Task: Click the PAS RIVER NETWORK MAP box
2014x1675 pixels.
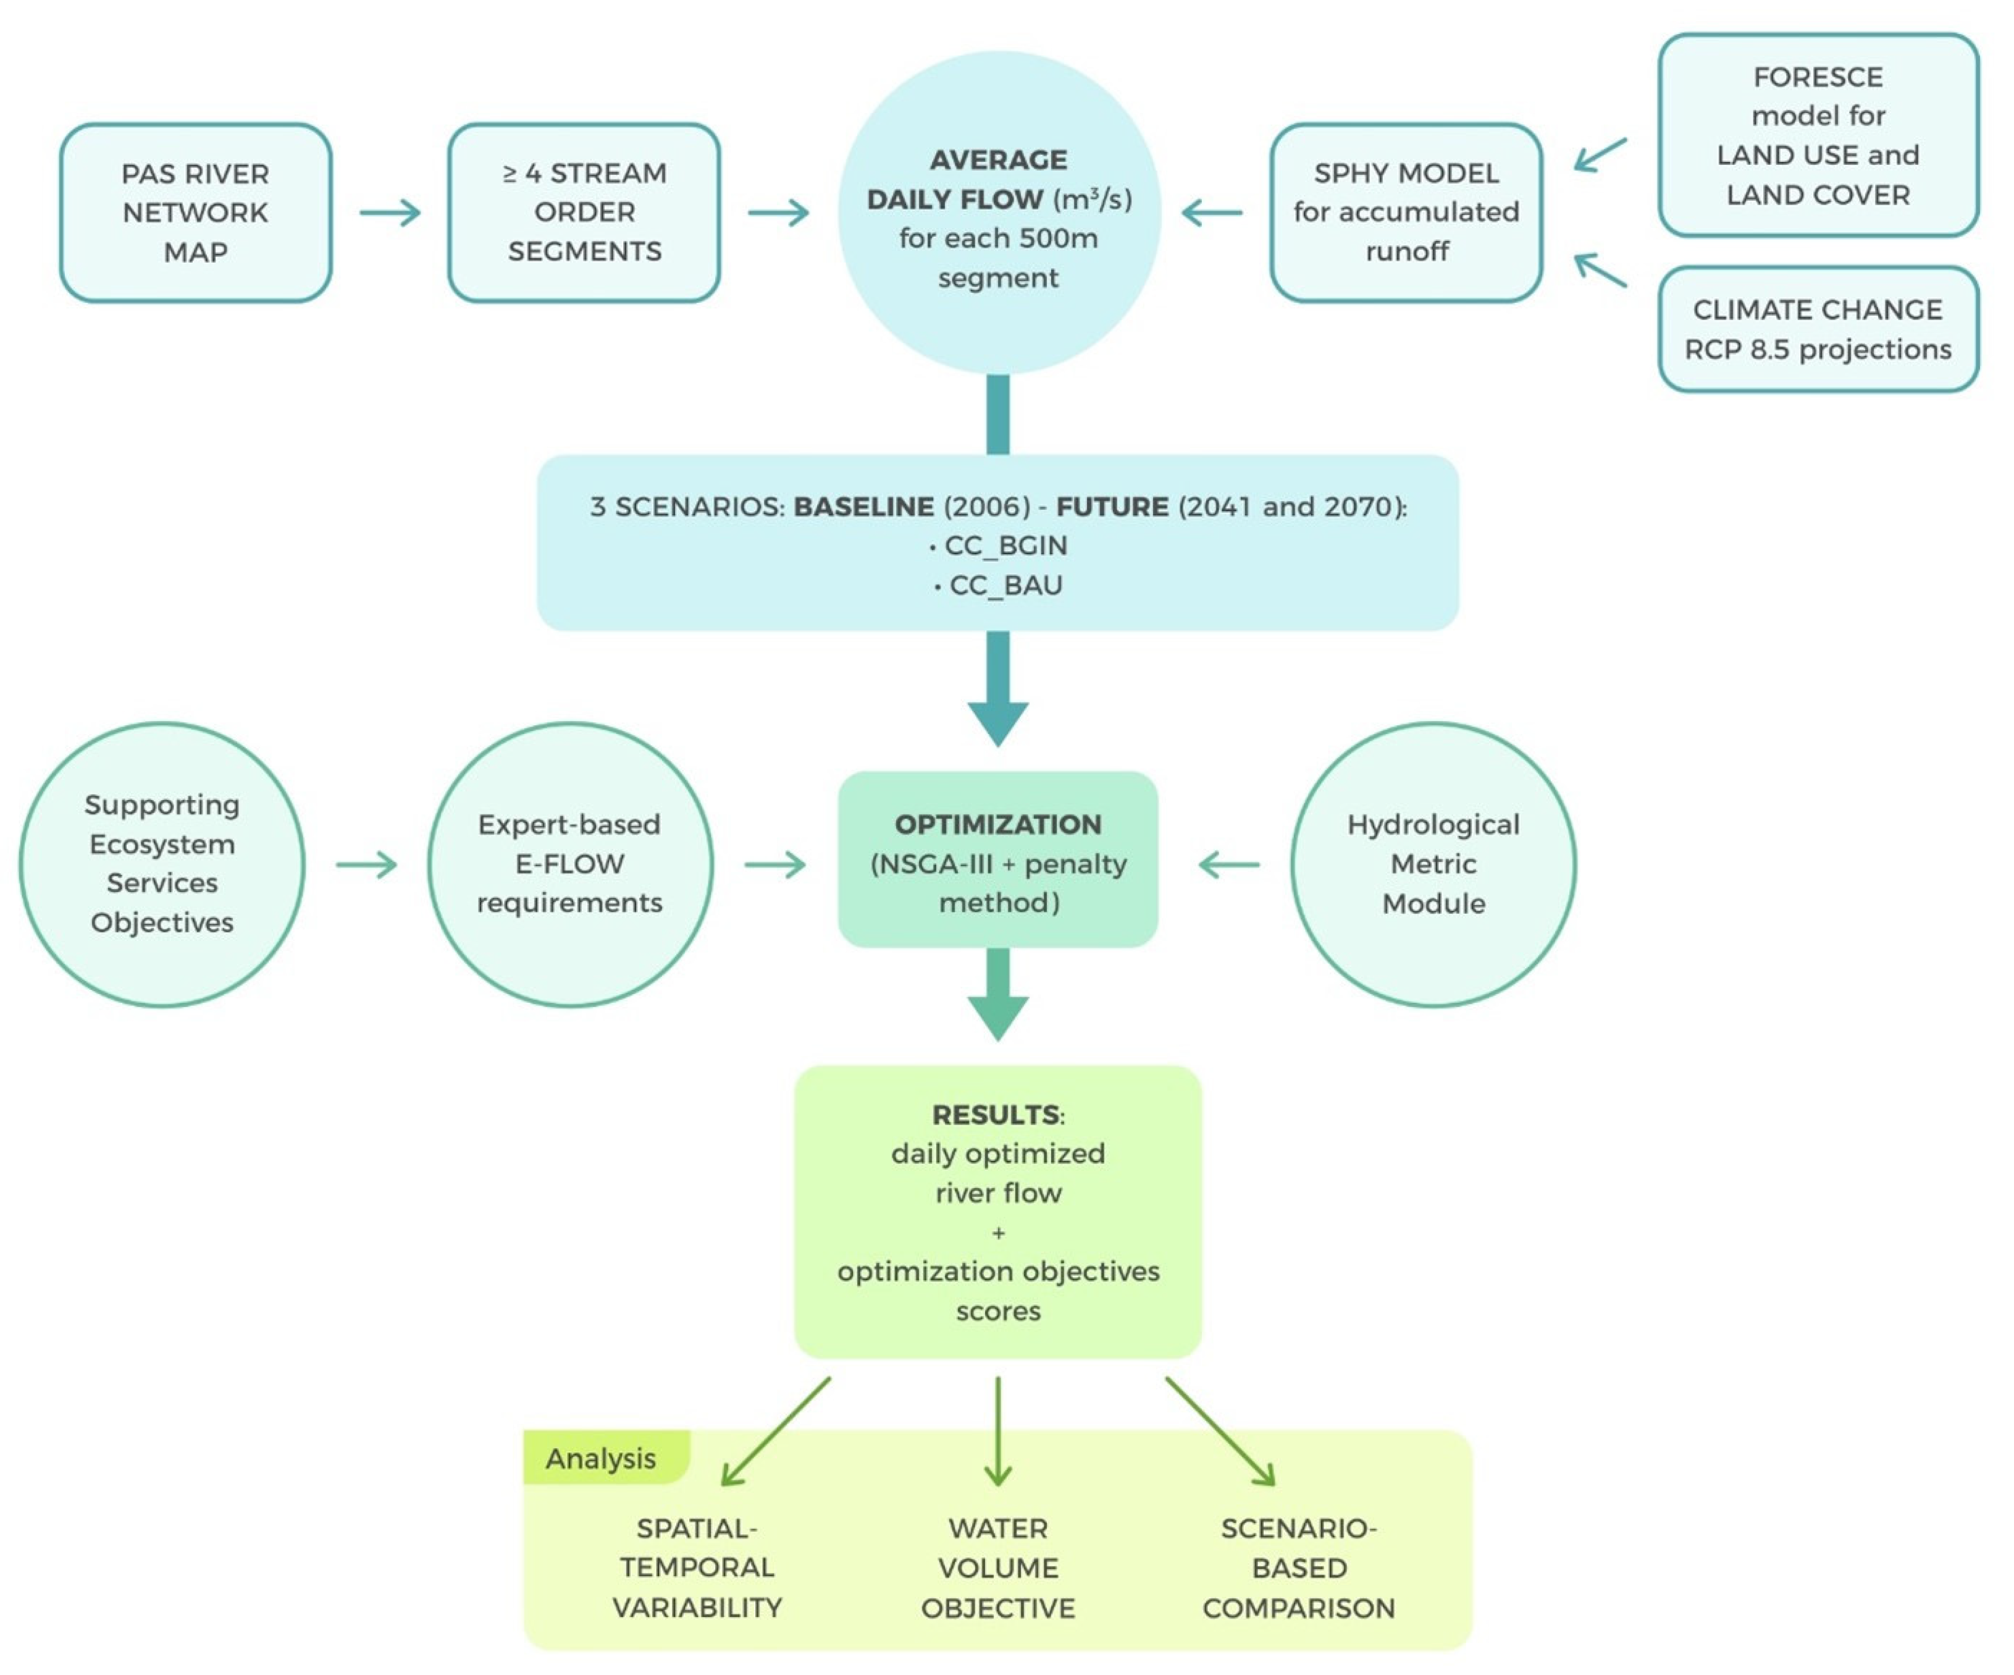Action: point(196,212)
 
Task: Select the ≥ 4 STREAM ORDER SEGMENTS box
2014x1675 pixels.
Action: point(584,212)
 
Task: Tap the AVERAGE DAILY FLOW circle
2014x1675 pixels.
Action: point(999,212)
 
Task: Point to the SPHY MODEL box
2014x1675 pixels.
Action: point(1406,212)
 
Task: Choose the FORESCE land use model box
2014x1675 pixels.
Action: point(1818,135)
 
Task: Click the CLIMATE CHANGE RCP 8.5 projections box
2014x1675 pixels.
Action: point(1818,329)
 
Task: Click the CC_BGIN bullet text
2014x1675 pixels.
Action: point(999,545)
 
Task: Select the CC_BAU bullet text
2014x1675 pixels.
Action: point(999,585)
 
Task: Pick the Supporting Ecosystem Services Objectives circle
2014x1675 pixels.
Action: point(162,864)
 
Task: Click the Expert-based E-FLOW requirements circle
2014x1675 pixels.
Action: point(569,864)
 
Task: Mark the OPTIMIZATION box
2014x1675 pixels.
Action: point(999,859)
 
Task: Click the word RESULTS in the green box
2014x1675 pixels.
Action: point(996,1114)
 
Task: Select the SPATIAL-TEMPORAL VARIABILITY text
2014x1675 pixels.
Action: point(697,1567)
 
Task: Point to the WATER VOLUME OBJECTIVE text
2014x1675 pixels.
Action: point(999,1567)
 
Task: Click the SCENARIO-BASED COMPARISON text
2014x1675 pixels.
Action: point(1299,1567)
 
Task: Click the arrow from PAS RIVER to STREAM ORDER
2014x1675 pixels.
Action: point(390,212)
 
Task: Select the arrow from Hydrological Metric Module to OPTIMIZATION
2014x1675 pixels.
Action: point(1228,864)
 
